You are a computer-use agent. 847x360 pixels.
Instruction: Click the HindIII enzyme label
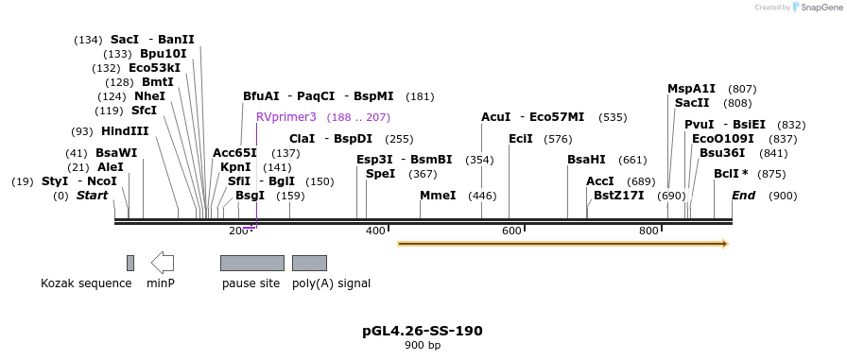pyautogui.click(x=124, y=131)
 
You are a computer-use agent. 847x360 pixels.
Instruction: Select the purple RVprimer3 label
pyautogui.click(x=285, y=117)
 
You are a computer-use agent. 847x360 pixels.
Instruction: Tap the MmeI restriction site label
pyautogui.click(x=438, y=196)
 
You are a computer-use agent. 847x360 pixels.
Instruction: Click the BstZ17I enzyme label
pyautogui.click(x=618, y=196)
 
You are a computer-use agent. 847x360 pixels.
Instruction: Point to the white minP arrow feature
pyautogui.click(x=163, y=263)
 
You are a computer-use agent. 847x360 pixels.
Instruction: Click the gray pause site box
pyautogui.click(x=251, y=263)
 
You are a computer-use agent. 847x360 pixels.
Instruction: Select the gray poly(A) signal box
pyautogui.click(x=309, y=263)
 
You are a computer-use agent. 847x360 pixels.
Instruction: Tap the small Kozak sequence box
pyautogui.click(x=130, y=263)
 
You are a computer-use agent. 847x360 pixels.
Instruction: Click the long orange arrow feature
pyautogui.click(x=562, y=244)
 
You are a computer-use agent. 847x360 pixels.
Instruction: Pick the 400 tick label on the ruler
pyautogui.click(x=375, y=231)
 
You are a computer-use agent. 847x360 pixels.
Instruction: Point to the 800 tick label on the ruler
pyautogui.click(x=648, y=231)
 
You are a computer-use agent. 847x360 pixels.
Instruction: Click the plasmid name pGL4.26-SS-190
pyautogui.click(x=423, y=331)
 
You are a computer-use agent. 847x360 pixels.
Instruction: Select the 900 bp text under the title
pyautogui.click(x=423, y=346)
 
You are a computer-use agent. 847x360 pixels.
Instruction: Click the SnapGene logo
pyautogui.click(x=813, y=8)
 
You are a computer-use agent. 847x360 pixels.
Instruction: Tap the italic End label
pyautogui.click(x=744, y=196)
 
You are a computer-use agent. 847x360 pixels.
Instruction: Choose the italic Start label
pyautogui.click(x=92, y=196)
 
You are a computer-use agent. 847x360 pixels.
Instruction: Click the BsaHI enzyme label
pyautogui.click(x=586, y=160)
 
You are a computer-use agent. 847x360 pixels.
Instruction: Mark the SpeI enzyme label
pyautogui.click(x=380, y=174)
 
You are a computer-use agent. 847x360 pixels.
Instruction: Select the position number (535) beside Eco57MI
pyautogui.click(x=613, y=117)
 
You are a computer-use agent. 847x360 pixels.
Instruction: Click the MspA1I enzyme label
pyautogui.click(x=692, y=89)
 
